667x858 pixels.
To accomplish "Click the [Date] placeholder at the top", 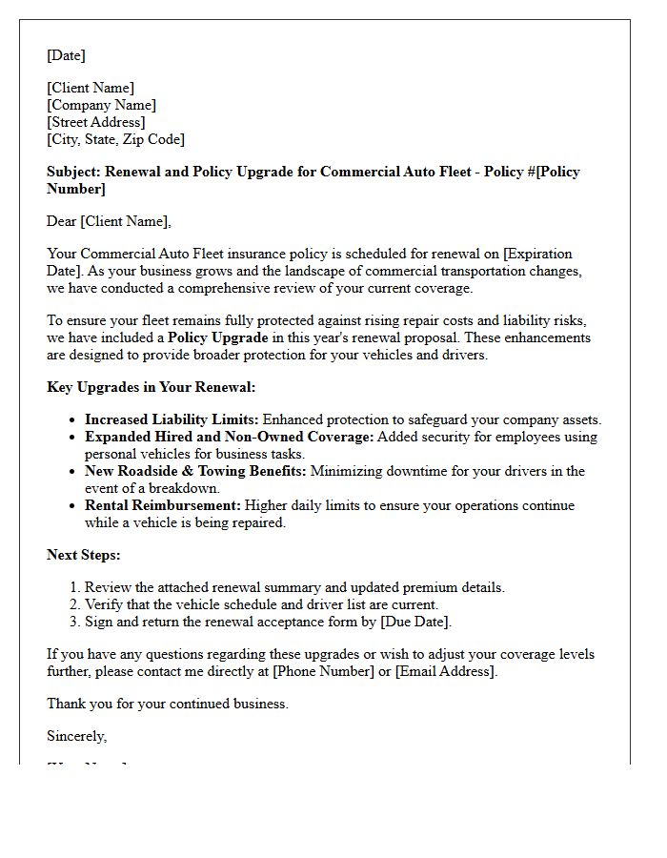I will (x=66, y=55).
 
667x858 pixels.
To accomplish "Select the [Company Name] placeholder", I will (x=102, y=105).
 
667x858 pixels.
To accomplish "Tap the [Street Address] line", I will (x=96, y=122).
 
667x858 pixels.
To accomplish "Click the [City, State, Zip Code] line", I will (x=116, y=139).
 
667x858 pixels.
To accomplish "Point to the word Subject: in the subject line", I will (x=73, y=172).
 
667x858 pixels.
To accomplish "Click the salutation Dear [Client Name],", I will (x=110, y=221).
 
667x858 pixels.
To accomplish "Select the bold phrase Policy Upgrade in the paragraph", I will (x=218, y=337).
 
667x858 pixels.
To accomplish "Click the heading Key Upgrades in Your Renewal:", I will (x=151, y=387).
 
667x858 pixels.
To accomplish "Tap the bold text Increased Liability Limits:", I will (x=172, y=419).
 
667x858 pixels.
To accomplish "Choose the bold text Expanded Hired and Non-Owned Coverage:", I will (x=229, y=437).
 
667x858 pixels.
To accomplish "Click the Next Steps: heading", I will (x=84, y=555).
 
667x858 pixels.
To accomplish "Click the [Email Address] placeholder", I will (x=445, y=671).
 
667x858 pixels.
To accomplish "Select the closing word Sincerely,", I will (x=77, y=736).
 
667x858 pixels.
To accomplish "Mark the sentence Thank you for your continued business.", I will (x=168, y=704).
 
